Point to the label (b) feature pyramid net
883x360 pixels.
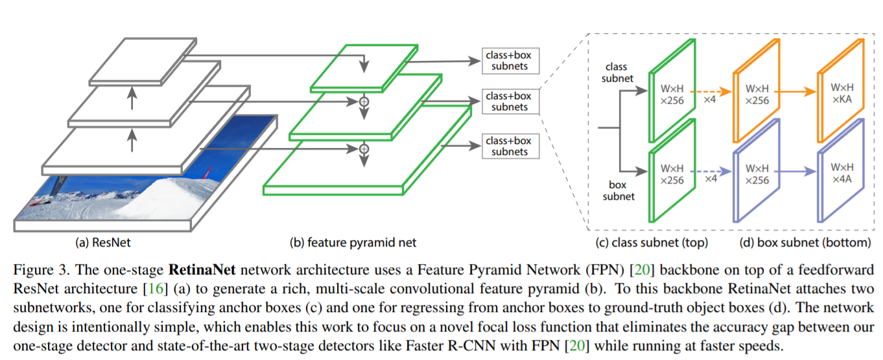[353, 243]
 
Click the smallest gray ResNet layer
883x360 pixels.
[142, 61]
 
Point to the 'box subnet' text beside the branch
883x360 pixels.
[618, 191]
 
